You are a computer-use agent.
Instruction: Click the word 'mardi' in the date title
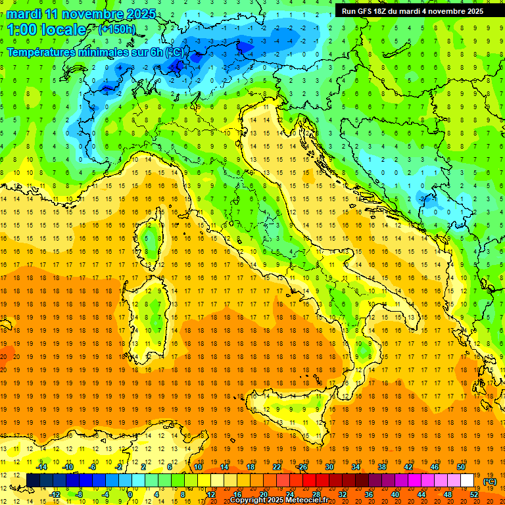pyautogui.click(x=24, y=14)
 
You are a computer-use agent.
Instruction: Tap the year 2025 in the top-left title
pyautogui.click(x=140, y=14)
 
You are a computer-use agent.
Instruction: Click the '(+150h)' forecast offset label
pyautogui.click(x=116, y=29)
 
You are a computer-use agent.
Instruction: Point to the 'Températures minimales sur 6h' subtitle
pyautogui.click(x=85, y=52)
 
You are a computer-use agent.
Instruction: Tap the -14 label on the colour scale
pyautogui.click(x=42, y=467)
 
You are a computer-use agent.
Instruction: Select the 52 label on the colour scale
pyautogui.click(x=474, y=494)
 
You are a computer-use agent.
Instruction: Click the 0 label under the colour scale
pyautogui.click(x=130, y=494)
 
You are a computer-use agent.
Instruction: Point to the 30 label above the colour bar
pyautogui.click(x=329, y=467)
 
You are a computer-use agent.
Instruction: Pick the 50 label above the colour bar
pyautogui.click(x=461, y=467)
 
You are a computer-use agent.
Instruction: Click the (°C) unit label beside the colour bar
pyautogui.click(x=490, y=481)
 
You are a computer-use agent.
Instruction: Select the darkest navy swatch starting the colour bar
pyautogui.click(x=33, y=481)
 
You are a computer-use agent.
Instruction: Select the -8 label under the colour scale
pyautogui.click(x=80, y=494)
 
